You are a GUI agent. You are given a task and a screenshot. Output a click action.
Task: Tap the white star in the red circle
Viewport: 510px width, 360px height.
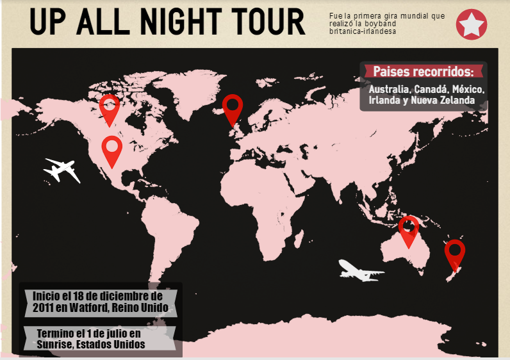(472, 24)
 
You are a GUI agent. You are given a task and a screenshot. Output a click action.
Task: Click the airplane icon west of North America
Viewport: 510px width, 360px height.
(62, 170)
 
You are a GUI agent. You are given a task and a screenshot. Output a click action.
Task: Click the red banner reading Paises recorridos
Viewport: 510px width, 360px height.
(423, 71)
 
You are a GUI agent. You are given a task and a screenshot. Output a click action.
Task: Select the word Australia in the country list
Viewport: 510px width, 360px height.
(389, 89)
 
